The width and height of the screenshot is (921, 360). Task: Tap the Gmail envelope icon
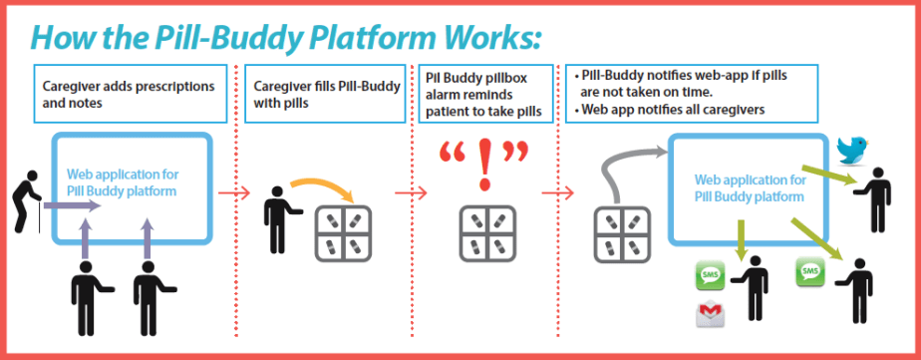(710, 316)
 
